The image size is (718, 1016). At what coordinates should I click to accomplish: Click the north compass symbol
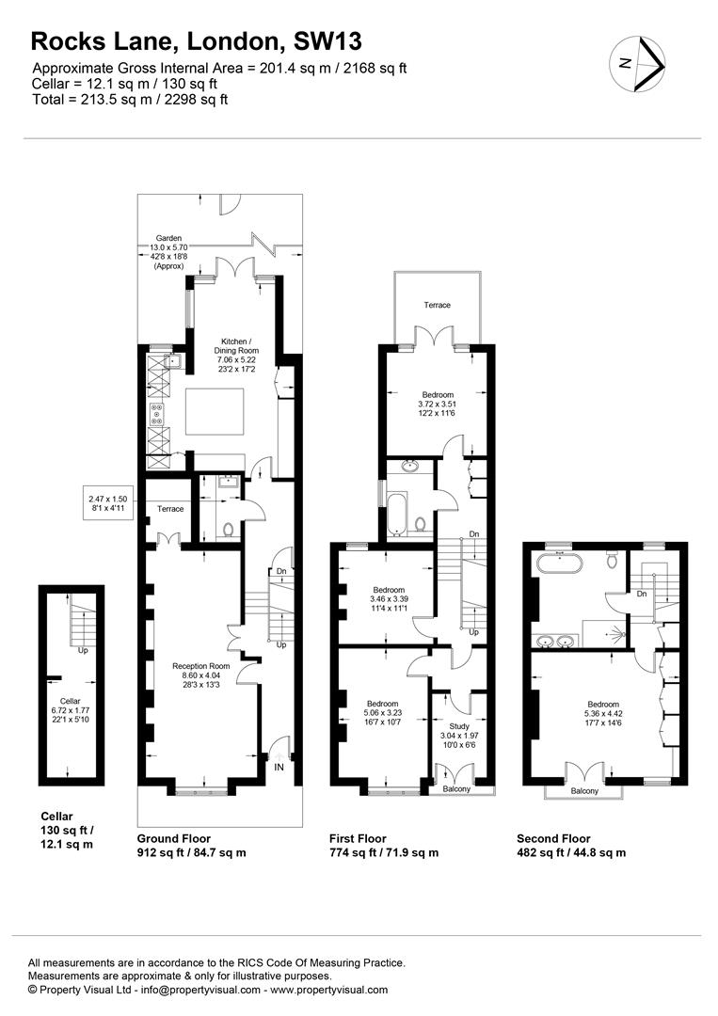(638, 65)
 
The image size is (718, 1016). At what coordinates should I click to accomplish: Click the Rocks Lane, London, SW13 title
(196, 41)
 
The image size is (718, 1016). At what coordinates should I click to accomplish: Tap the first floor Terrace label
(437, 305)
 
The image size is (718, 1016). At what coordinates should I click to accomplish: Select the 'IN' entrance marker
(279, 768)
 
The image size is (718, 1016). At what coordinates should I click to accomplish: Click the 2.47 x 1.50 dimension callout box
(112, 504)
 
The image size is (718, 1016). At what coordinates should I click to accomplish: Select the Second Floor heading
(553, 838)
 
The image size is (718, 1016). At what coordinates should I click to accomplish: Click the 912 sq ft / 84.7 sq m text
(191, 853)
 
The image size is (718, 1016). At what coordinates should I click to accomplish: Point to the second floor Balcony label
(583, 791)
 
